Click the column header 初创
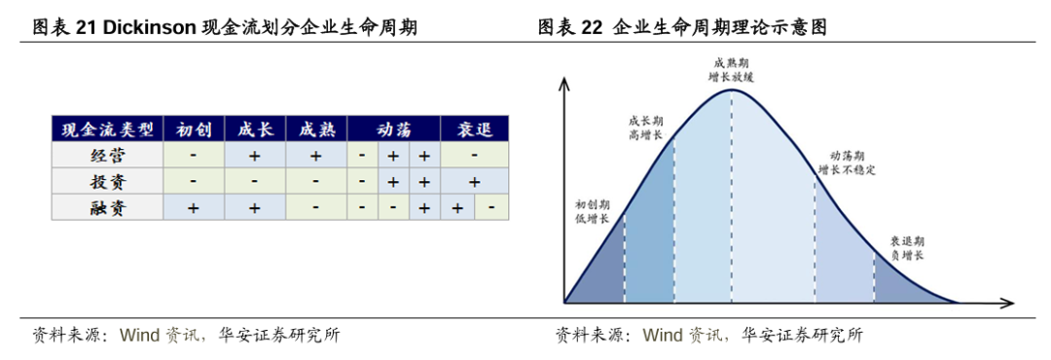click(194, 128)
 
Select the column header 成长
click(255, 128)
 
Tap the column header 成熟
click(316, 128)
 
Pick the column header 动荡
click(393, 128)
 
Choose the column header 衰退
click(475, 128)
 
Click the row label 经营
click(108, 156)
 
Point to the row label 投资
click(108, 182)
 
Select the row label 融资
click(108, 208)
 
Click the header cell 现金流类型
click(108, 128)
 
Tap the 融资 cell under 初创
click(194, 208)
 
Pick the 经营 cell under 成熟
click(316, 156)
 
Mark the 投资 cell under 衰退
click(475, 182)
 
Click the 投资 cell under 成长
click(255, 182)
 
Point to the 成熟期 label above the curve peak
click(731, 62)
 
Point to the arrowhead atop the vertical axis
click(564, 83)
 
